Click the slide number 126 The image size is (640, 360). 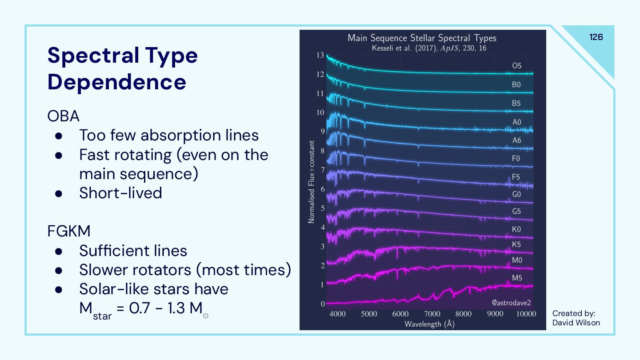(x=596, y=37)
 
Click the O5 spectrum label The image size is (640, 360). (x=516, y=66)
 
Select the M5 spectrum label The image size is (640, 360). (x=516, y=278)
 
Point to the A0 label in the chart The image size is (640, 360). (x=516, y=122)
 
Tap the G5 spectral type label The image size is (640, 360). (x=516, y=212)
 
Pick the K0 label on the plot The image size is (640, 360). (x=516, y=230)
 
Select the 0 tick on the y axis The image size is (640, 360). (x=323, y=304)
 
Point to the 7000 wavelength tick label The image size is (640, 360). (x=432, y=314)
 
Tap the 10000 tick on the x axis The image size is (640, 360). (x=526, y=314)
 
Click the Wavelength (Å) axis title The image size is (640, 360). (x=429, y=324)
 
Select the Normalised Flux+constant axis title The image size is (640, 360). (x=312, y=182)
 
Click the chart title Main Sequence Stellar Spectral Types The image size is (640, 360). (x=422, y=38)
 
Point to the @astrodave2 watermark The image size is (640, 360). (x=511, y=303)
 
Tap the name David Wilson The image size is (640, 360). (x=576, y=323)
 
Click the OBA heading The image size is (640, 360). (x=64, y=116)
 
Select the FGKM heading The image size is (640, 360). (x=69, y=232)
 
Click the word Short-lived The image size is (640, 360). (x=120, y=193)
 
